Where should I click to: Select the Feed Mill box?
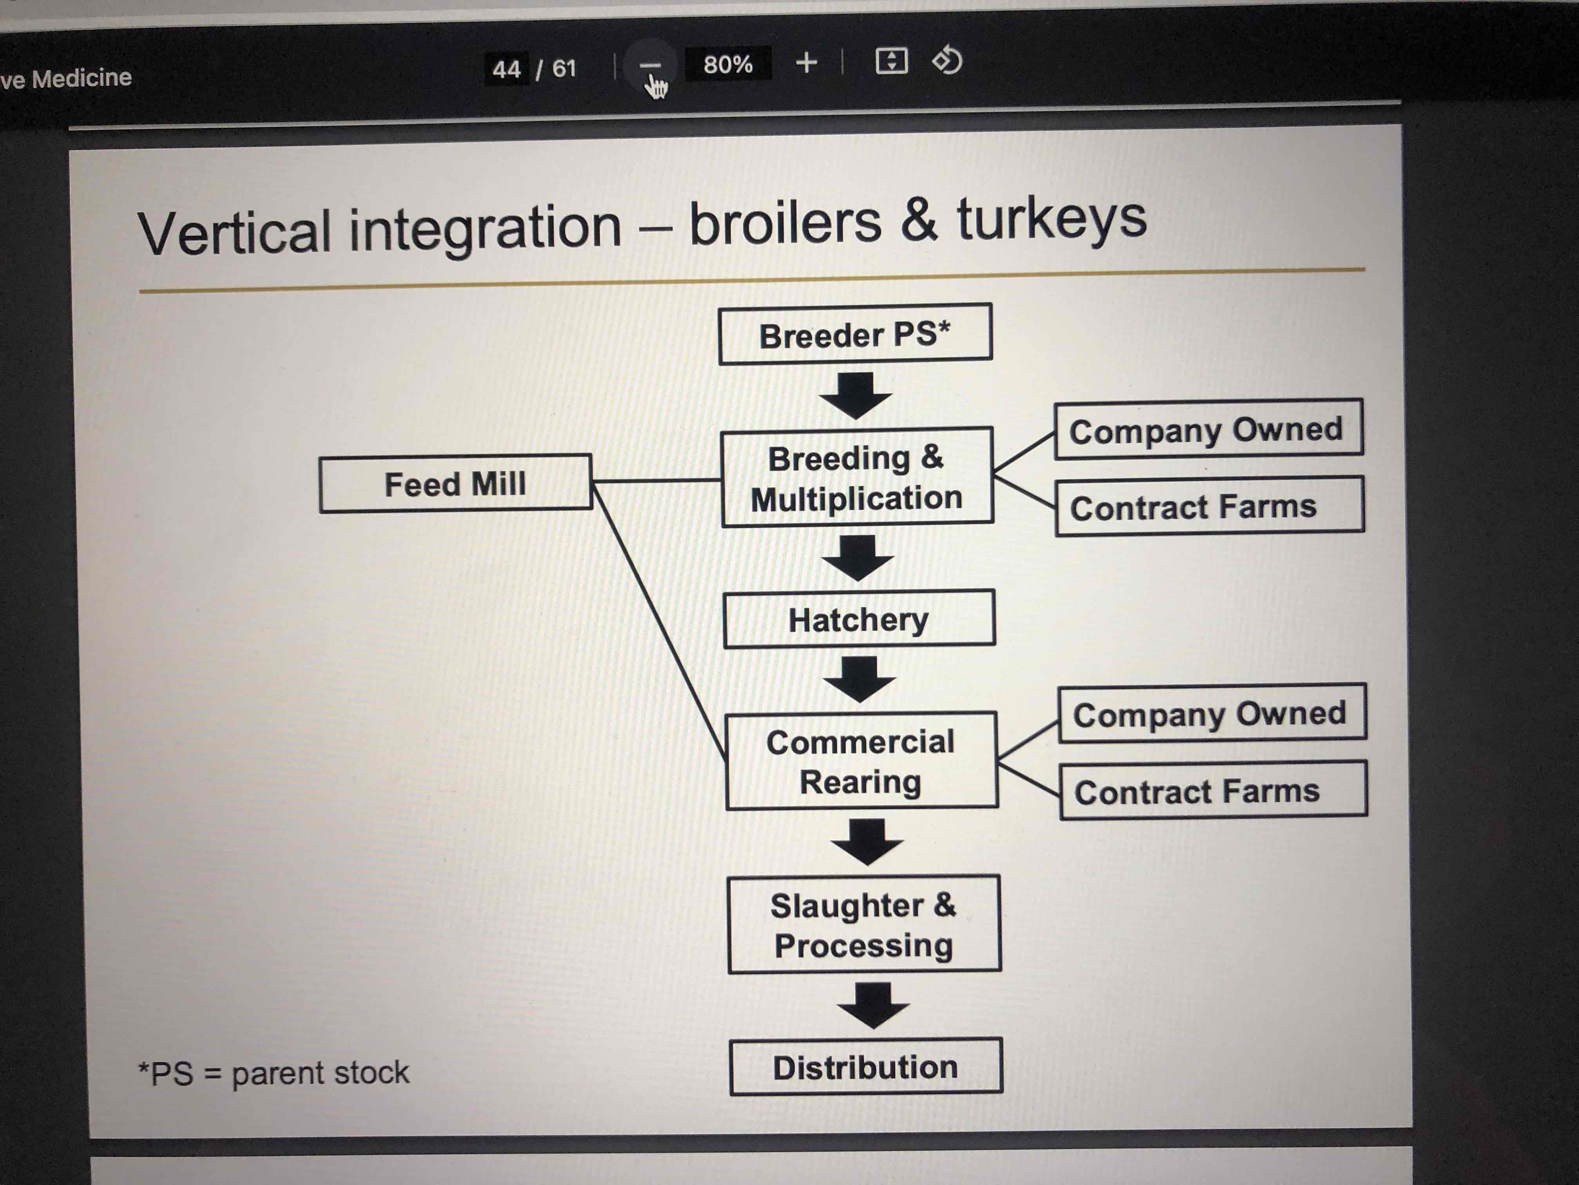point(455,484)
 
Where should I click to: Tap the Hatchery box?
point(859,619)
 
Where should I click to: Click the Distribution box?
point(865,1067)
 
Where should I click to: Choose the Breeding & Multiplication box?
point(856,477)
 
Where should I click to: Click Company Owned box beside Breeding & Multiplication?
point(1208,429)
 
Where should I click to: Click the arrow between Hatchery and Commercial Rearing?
point(860,679)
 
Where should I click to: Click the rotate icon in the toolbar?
point(947,61)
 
